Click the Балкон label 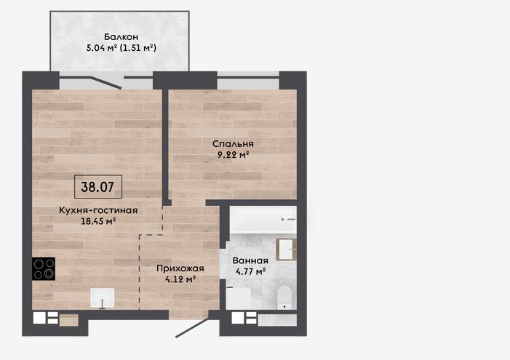(x=121, y=37)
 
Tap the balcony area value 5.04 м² (x=101, y=48)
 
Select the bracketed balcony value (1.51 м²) (x=138, y=48)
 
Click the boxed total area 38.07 (x=98, y=187)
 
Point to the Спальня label (x=233, y=144)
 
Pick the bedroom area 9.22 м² (x=233, y=155)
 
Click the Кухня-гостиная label (x=98, y=210)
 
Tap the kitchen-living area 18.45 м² (x=98, y=222)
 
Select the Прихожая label (x=180, y=268)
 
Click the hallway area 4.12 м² (x=180, y=279)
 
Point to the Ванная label (x=250, y=260)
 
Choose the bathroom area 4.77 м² (x=250, y=271)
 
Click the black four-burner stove (x=44, y=268)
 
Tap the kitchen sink (x=102, y=298)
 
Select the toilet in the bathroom (x=285, y=297)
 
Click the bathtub (x=263, y=220)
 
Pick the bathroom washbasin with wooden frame (x=286, y=249)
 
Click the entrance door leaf (x=193, y=327)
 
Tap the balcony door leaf (x=106, y=82)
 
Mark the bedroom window (x=248, y=80)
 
